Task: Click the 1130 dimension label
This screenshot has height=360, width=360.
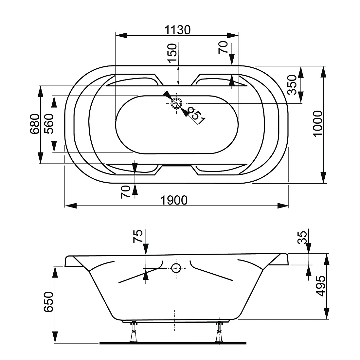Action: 177,30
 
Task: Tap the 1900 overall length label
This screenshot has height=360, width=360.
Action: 174,200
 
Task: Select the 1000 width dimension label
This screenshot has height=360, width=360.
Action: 318,124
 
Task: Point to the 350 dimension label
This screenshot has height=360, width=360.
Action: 293,85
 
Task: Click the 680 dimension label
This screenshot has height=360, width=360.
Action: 35,124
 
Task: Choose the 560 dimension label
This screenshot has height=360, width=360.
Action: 49,124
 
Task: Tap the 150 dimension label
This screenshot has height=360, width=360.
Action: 172,53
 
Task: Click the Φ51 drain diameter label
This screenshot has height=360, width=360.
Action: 196,116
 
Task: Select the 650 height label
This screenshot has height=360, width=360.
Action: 48,302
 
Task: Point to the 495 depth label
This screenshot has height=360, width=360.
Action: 321,286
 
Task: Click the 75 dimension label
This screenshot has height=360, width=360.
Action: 138,236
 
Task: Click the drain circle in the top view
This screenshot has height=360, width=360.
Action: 176,103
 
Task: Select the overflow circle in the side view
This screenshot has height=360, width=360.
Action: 176,268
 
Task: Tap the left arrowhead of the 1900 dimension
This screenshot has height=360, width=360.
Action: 71,206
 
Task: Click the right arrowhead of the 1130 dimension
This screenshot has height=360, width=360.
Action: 233,35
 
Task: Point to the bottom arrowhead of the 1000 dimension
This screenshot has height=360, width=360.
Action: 323,177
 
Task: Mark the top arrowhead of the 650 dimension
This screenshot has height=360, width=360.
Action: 55,272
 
